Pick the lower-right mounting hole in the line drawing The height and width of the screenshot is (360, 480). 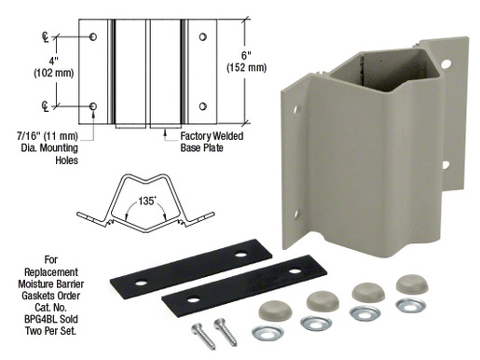click(200, 105)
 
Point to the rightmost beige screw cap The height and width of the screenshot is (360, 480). click(412, 284)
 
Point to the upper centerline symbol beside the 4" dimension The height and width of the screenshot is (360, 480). click(45, 37)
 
